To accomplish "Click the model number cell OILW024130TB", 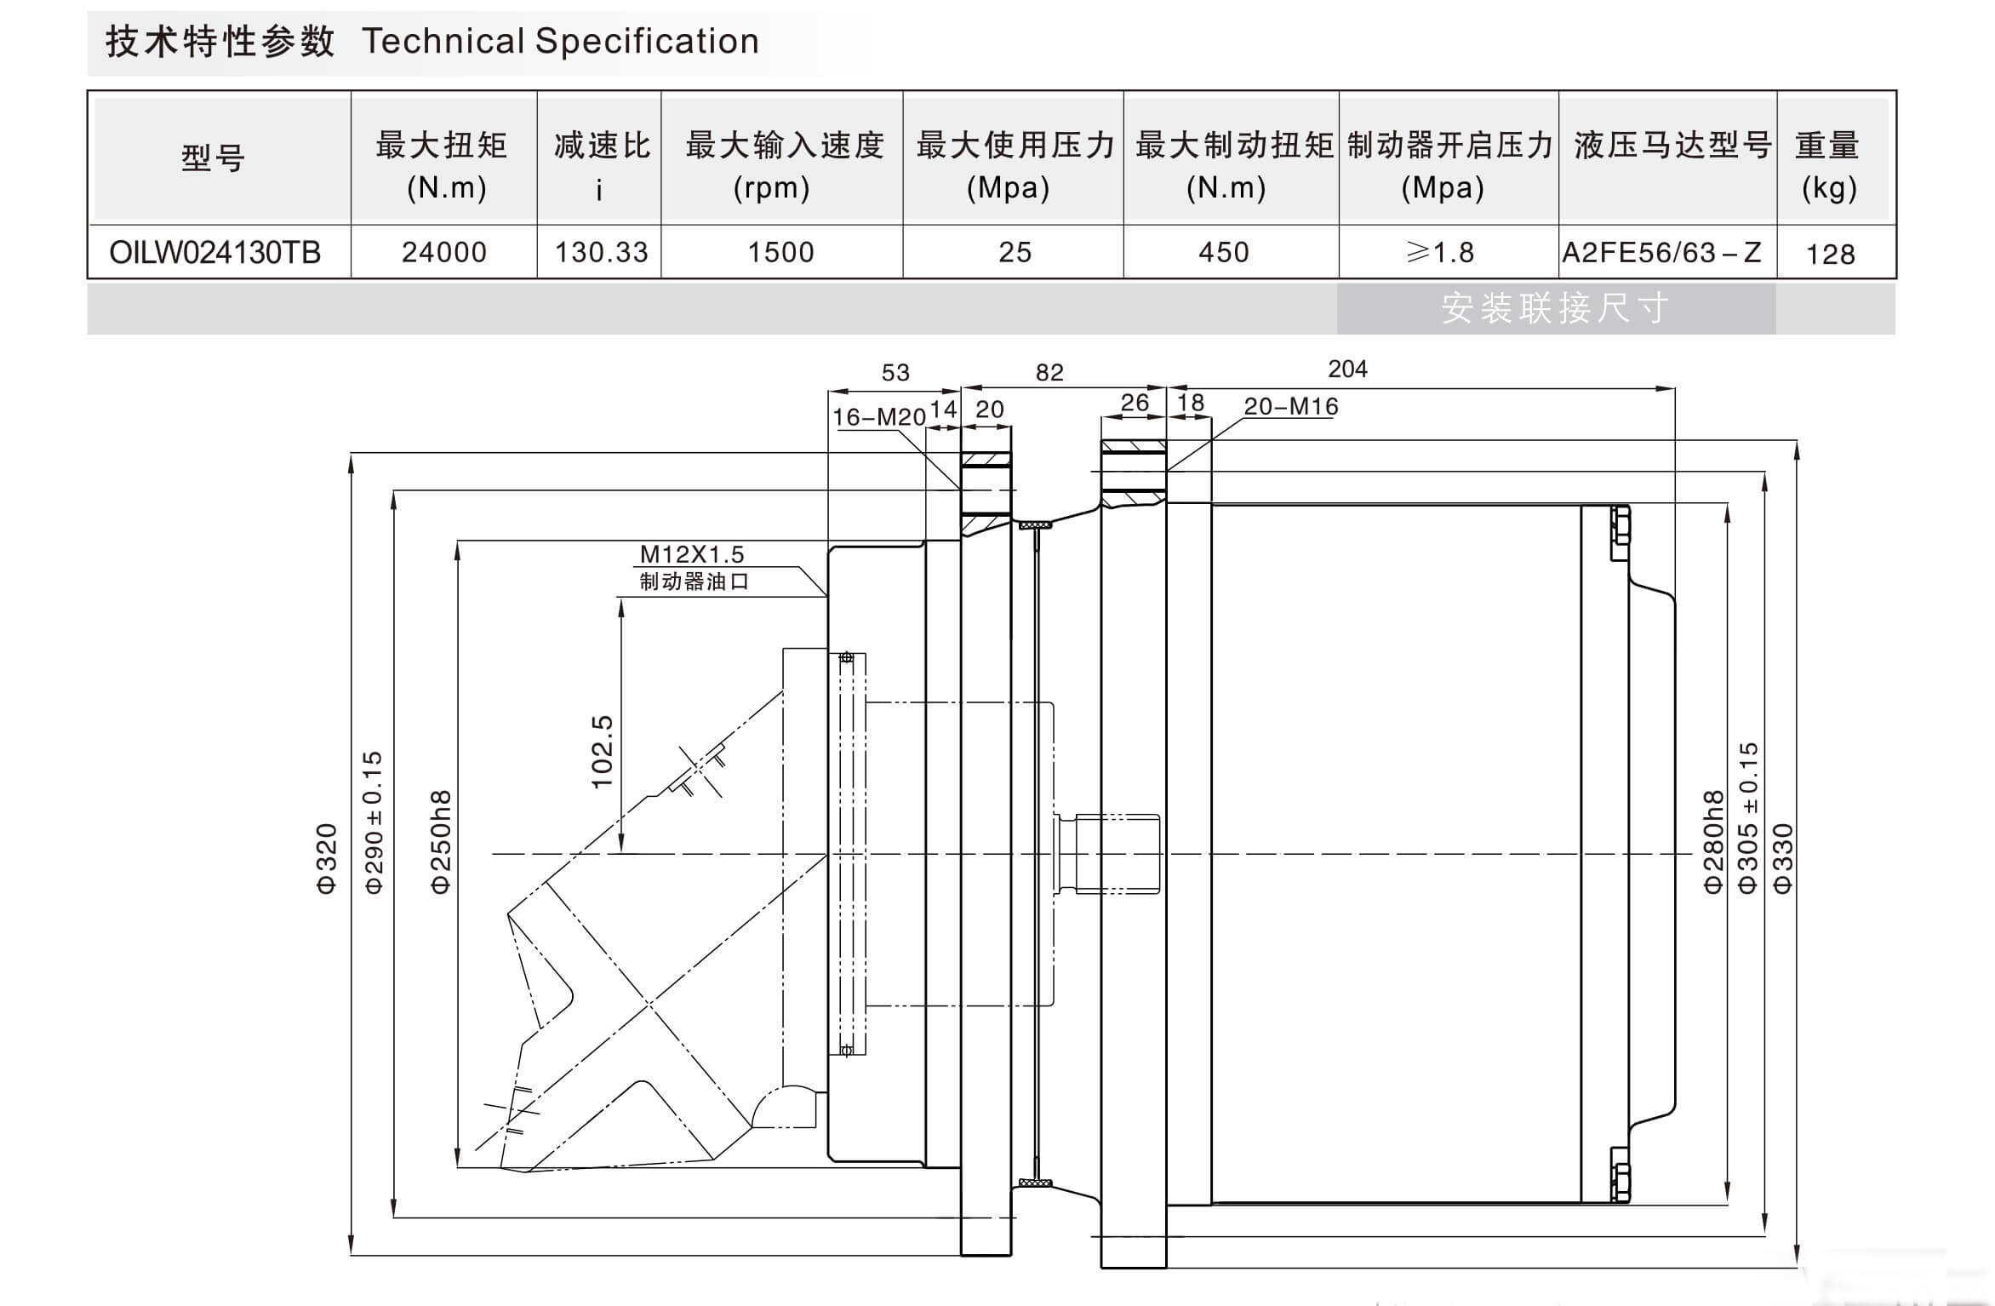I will tap(215, 253).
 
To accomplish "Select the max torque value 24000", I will tap(443, 253).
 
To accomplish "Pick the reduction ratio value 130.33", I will tap(601, 253).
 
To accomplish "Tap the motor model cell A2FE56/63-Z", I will tap(1661, 253).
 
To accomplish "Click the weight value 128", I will tap(1830, 254).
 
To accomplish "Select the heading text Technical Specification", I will tap(560, 42).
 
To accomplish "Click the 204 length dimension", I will tap(1347, 369).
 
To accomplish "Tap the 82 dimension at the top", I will tap(1049, 373).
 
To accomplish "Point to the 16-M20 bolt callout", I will tap(878, 417).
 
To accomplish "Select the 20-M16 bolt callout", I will tap(1290, 407).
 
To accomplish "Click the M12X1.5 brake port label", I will tap(691, 555).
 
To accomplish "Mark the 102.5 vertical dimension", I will tap(602, 752).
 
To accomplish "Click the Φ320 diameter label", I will tap(327, 858).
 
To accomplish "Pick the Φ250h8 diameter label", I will tap(440, 842).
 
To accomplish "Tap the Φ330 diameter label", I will tap(1782, 858).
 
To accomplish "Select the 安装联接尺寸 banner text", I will tap(1555, 308).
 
